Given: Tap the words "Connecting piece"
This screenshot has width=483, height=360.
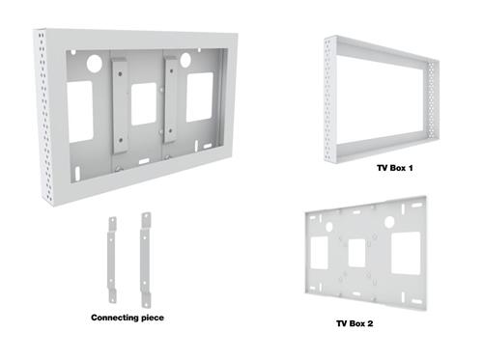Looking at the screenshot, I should pyautogui.click(x=127, y=318).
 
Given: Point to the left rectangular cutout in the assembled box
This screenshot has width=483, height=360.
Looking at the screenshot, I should pyautogui.click(x=80, y=112).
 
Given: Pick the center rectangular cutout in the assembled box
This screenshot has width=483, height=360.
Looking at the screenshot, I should pyautogui.click(x=144, y=104).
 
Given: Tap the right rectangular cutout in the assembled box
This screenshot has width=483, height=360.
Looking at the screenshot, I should pyautogui.click(x=200, y=97).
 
